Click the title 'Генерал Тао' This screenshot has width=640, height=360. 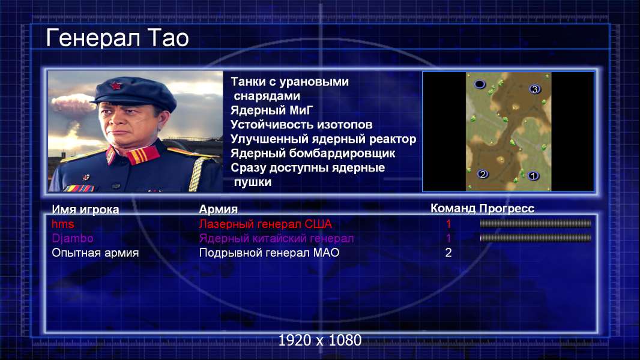[x=118, y=38]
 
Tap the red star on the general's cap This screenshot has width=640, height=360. [x=116, y=86]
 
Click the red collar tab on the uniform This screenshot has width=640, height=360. [x=142, y=155]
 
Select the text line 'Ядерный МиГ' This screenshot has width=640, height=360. [x=271, y=110]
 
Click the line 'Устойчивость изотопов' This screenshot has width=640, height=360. [x=301, y=124]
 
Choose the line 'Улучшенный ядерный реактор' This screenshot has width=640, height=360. [x=323, y=139]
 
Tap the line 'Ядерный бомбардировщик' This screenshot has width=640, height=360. [x=313, y=153]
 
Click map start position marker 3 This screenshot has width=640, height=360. [x=535, y=89]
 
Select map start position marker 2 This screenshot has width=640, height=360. [x=483, y=174]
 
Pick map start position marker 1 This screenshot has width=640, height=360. [x=533, y=176]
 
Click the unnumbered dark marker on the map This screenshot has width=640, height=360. [x=480, y=85]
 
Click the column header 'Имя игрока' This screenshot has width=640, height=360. [x=85, y=209]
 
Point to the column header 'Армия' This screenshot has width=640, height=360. [x=218, y=209]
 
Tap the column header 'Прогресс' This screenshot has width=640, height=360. [x=507, y=208]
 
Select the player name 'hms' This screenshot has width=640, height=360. [x=63, y=224]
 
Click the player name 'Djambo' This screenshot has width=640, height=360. [x=72, y=238]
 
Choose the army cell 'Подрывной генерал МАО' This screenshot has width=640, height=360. [x=269, y=253]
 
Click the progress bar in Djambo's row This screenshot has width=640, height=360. [x=536, y=238]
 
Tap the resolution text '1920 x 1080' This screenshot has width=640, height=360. [x=319, y=340]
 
